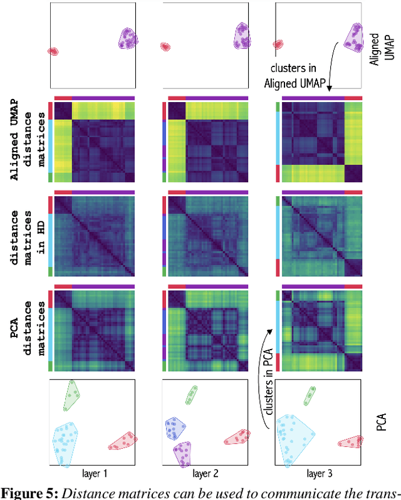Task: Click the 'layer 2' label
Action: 206,475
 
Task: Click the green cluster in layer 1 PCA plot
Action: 73,395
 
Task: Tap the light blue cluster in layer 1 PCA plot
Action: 66,442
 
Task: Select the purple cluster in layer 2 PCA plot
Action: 182,452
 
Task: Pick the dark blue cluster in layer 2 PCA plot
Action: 175,429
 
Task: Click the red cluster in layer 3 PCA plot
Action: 349,442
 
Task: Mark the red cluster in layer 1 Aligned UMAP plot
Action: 53,51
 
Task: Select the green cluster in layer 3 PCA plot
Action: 310,395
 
